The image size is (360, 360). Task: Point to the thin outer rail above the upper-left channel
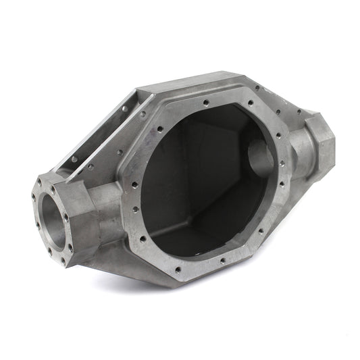(x=101, y=122)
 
